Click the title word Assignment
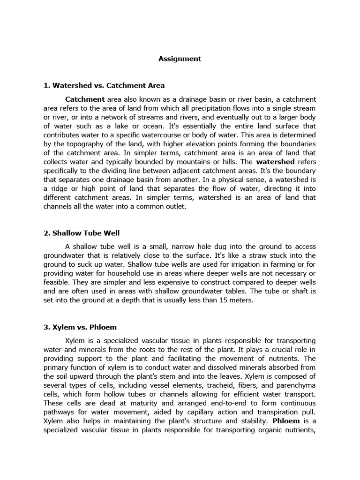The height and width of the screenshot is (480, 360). [180, 59]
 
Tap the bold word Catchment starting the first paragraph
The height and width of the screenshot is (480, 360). [85, 99]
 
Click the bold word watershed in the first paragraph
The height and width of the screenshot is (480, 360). [276, 162]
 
